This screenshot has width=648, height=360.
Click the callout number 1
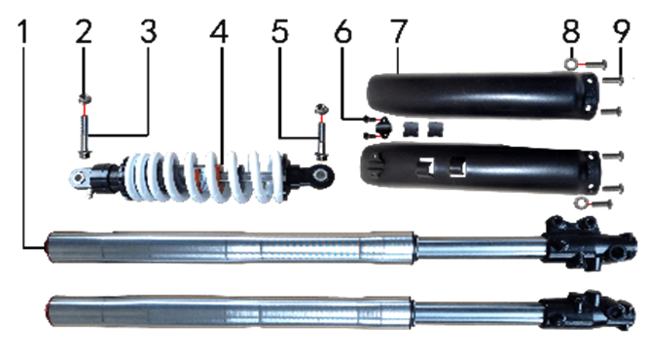coord(24,32)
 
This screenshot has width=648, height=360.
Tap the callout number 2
coord(84,32)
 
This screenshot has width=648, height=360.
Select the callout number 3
coord(149,32)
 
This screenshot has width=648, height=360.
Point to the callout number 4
coord(219,32)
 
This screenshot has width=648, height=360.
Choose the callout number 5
coord(280,32)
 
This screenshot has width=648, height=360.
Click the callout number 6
coord(343,32)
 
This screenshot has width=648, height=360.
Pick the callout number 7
coord(398,32)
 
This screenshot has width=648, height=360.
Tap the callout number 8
coord(571,32)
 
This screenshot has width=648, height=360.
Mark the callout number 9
coord(621,32)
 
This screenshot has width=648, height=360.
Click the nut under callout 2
coord(85,99)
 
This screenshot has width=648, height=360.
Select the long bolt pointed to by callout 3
coord(85,137)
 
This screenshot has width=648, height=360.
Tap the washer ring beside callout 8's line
coord(571,64)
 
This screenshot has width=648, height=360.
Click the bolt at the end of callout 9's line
coord(613,80)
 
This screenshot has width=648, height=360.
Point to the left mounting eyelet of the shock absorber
coord(79,178)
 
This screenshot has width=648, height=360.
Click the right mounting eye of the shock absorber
coord(320,175)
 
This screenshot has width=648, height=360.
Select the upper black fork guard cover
coord(483,95)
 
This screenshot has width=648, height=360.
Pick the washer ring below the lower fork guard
coord(582,202)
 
